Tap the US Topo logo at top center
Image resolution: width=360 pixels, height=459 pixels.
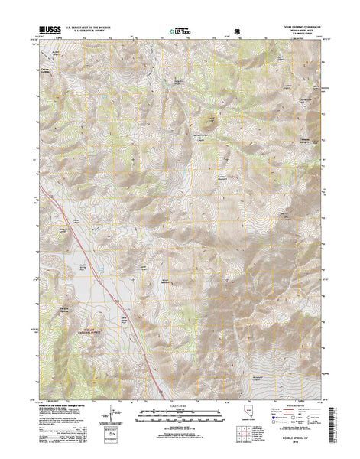point(180,33)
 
